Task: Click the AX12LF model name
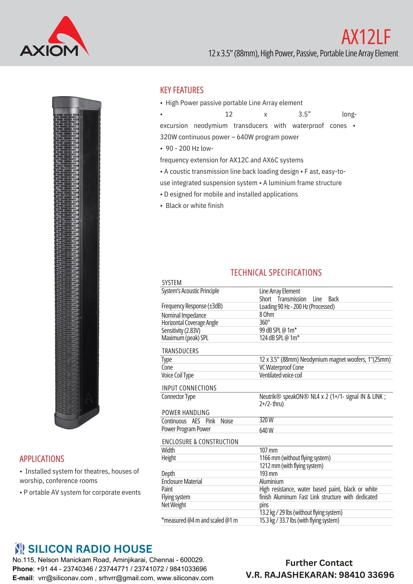[x=366, y=37]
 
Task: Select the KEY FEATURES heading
[x=182, y=90]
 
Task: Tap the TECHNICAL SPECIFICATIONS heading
[x=276, y=273]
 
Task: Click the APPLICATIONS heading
[x=42, y=459]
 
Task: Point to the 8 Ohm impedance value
[x=267, y=314]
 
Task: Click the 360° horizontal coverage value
[x=265, y=322]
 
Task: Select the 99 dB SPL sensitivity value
[x=278, y=330]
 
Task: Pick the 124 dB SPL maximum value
[x=279, y=338]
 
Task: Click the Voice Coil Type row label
[x=177, y=375]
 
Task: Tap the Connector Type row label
[x=178, y=397]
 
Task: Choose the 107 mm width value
[x=268, y=450]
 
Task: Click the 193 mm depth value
[x=268, y=474]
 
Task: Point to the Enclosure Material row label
[x=182, y=482]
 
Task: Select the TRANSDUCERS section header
[x=180, y=351]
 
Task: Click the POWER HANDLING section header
[x=185, y=413]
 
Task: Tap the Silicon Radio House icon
[x=20, y=549]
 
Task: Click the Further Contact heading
[x=319, y=563]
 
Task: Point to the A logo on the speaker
[x=89, y=399]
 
